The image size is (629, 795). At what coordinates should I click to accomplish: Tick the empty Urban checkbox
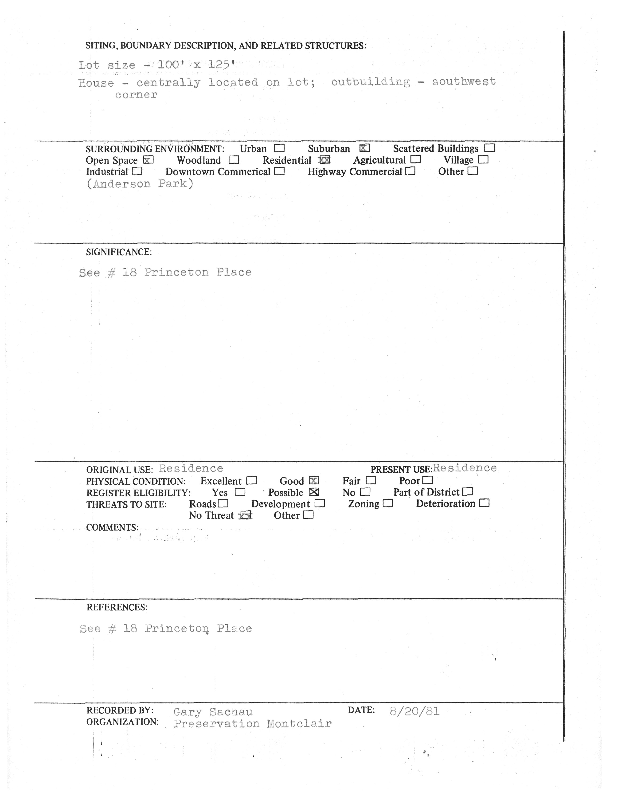pos(280,148)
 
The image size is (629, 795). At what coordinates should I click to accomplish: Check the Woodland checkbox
pos(234,160)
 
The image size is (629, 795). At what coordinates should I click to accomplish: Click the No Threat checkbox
pos(246,516)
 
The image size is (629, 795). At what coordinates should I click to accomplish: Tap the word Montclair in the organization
pos(299,724)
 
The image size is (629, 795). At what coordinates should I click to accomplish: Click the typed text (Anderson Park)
pos(140,184)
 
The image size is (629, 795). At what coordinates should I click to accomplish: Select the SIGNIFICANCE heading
pos(119,252)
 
